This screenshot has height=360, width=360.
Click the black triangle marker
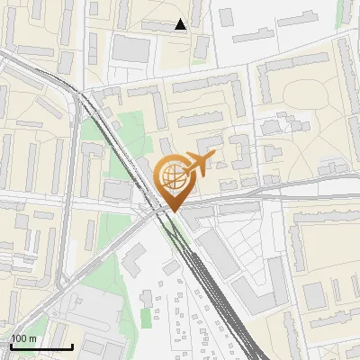tap(181, 24)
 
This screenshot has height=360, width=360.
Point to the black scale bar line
tap(41, 346)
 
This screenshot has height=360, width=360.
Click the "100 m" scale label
tap(23, 338)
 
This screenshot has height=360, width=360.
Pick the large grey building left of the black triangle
tap(131, 49)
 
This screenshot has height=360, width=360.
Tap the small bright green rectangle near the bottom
tap(146, 318)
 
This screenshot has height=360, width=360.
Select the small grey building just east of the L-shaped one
tap(171, 267)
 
